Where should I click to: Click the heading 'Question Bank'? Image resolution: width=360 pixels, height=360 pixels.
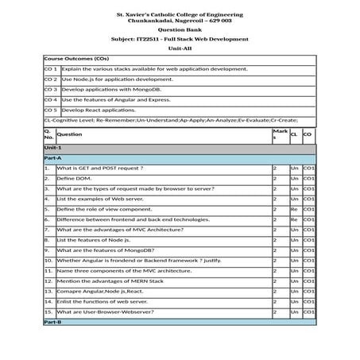coord(180,29)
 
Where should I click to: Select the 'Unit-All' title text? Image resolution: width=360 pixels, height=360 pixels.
coord(180,48)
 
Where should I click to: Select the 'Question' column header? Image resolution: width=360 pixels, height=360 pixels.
coord(70,134)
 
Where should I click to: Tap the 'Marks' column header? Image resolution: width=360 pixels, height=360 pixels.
coord(279,134)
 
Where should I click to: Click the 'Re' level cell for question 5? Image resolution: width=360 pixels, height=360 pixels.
coord(294,210)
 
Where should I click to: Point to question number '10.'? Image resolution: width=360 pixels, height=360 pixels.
coord(48,261)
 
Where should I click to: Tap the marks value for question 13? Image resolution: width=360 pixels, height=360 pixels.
coord(275,292)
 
